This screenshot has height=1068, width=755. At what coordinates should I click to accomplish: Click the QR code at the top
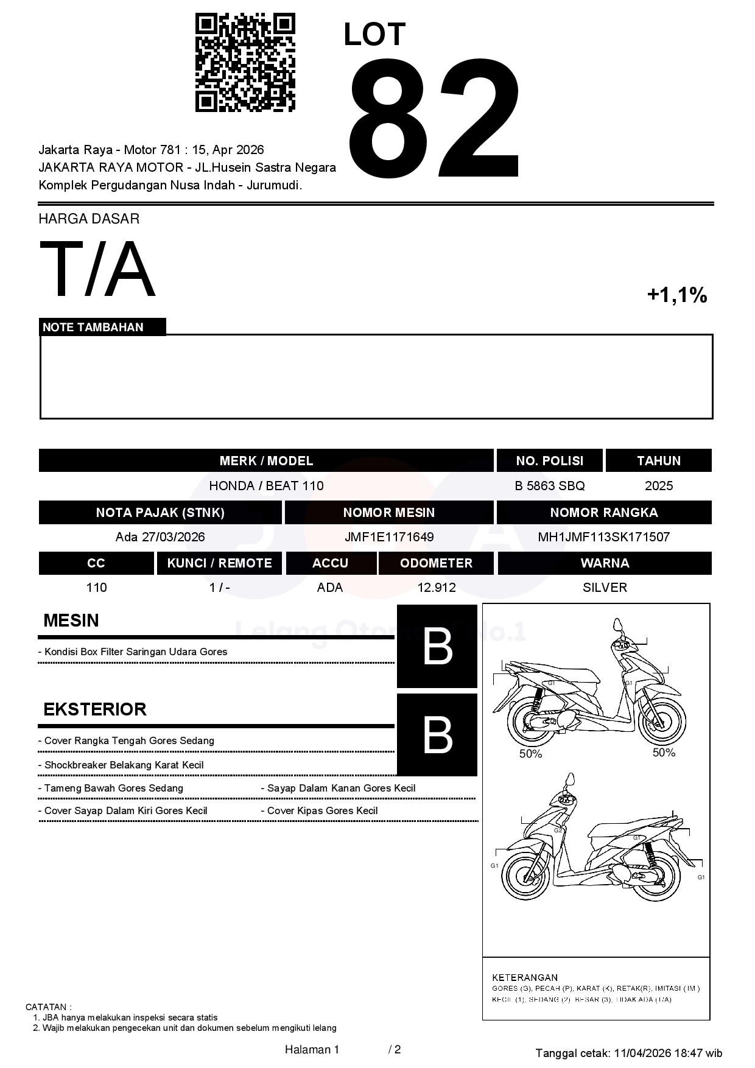click(245, 63)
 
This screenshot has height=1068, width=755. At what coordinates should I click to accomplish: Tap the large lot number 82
click(435, 119)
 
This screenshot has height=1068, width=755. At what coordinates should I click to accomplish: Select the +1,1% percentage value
click(676, 295)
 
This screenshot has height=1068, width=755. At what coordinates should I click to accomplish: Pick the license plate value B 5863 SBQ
click(549, 486)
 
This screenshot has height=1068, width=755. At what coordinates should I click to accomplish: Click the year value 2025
click(659, 486)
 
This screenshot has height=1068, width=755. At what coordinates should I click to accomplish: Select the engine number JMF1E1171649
click(389, 537)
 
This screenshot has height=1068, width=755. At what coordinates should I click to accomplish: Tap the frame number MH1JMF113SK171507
click(603, 537)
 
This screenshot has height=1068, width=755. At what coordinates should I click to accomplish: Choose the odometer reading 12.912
click(436, 588)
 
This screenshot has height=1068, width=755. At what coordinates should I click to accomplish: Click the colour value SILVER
click(605, 588)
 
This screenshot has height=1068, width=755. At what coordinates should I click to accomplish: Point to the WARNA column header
click(605, 563)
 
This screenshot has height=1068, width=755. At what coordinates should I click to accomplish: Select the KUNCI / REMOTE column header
click(219, 563)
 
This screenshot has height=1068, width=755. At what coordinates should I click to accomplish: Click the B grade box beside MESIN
click(437, 647)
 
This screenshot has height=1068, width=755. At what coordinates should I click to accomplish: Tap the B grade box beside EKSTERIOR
click(437, 735)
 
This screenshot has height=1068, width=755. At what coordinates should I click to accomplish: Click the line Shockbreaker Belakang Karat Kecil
click(124, 765)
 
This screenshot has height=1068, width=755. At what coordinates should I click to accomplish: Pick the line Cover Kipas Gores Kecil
click(322, 810)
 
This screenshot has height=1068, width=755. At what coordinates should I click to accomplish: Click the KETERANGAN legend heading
click(525, 977)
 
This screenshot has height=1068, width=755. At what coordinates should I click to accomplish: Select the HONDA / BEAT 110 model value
click(266, 486)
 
